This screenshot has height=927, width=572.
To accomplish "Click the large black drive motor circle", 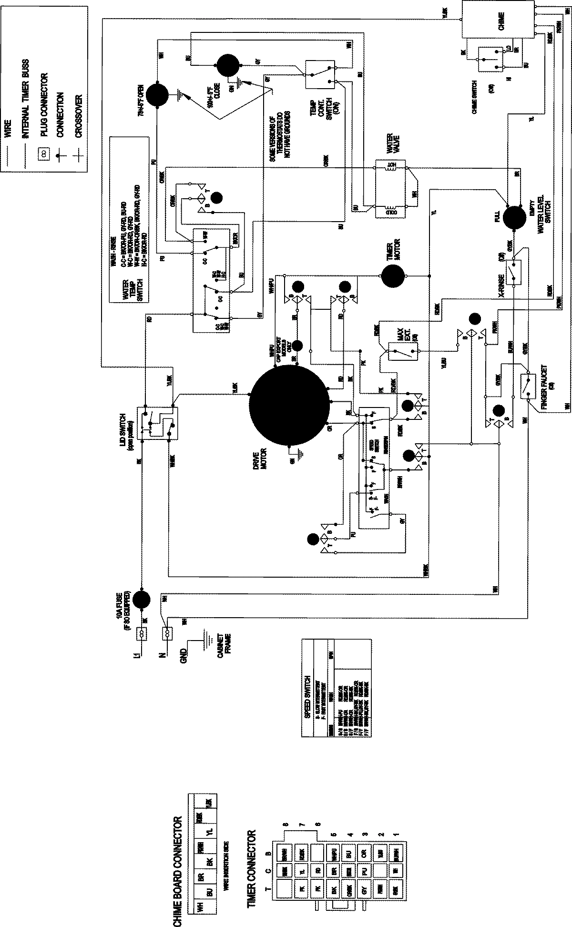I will (x=289, y=407).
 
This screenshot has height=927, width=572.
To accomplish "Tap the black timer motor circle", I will (x=392, y=275).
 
